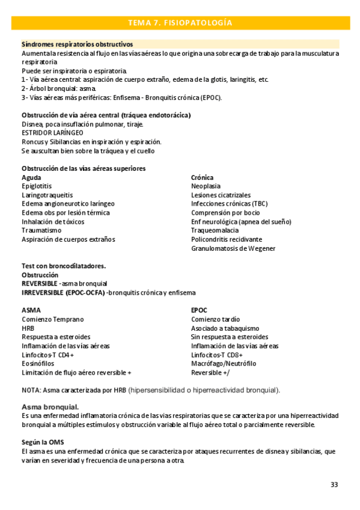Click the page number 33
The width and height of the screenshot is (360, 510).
[334, 484]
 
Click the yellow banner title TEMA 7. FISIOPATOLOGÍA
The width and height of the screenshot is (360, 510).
[180, 23]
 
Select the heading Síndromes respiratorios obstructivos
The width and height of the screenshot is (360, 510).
[78, 45]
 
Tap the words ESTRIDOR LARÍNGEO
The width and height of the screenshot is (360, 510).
[52, 132]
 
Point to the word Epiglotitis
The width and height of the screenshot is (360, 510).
[37, 186]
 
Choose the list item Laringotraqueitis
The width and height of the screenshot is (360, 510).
[47, 195]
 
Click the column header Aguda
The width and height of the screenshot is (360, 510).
[32, 178]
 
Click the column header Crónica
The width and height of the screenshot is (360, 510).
[203, 178]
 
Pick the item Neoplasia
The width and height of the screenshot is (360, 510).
[206, 186]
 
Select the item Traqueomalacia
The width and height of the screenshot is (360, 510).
[215, 230]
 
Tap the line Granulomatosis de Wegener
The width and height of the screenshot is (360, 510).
[233, 248]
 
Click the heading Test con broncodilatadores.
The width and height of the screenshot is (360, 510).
[64, 266]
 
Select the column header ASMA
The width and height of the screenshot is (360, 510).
[31, 310]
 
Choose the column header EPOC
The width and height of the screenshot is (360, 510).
[200, 310]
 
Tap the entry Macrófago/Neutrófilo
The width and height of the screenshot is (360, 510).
[224, 363]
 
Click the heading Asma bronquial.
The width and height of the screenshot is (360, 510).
[50, 407]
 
